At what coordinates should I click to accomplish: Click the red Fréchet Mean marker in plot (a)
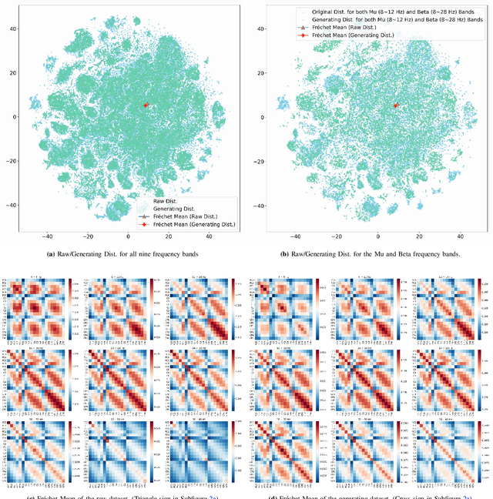(146, 105)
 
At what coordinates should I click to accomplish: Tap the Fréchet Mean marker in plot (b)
(396, 105)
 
